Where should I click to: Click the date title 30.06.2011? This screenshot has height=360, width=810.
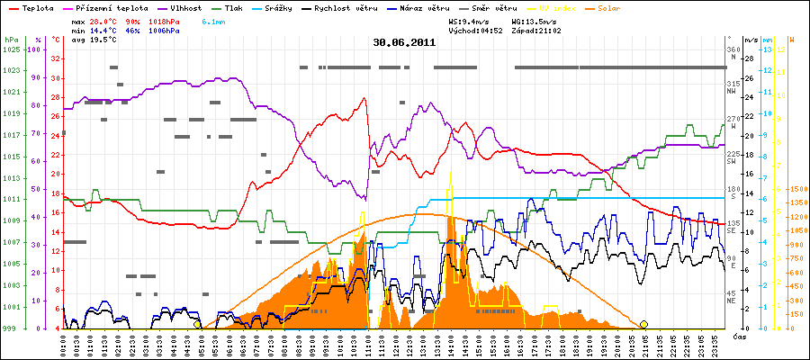coord(405,41)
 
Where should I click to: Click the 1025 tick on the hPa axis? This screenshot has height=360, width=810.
coord(12,49)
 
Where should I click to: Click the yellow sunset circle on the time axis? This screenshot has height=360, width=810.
coord(643,324)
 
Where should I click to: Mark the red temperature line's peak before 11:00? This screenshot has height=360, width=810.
coord(365,98)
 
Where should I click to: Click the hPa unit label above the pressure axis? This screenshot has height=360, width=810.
coord(11,40)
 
